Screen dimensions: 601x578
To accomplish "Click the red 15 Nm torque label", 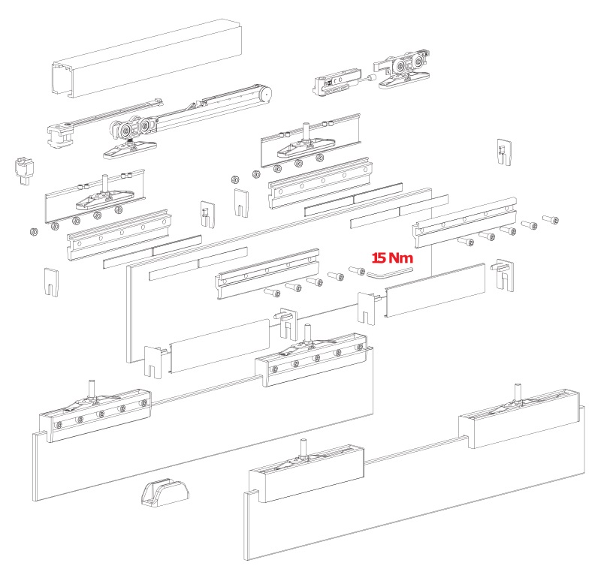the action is pyautogui.click(x=392, y=257).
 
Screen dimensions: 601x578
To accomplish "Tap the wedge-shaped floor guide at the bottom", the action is pyautogui.click(x=165, y=492).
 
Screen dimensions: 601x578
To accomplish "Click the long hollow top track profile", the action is pyautogui.click(x=146, y=58).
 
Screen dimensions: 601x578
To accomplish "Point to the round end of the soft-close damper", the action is pyautogui.click(x=265, y=94).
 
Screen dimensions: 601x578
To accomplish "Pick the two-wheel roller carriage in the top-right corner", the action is pyautogui.click(x=403, y=69).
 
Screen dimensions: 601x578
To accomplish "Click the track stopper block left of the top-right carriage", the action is pyautogui.click(x=337, y=83).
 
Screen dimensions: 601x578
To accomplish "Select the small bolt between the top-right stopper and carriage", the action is pyautogui.click(x=370, y=79).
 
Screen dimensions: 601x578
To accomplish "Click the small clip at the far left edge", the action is pyautogui.click(x=24, y=169).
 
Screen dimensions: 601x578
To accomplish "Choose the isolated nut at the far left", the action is pyautogui.click(x=34, y=231).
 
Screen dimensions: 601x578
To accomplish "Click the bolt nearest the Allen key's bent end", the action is pyautogui.click(x=357, y=270).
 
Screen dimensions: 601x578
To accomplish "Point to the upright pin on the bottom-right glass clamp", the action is pyautogui.click(x=518, y=392).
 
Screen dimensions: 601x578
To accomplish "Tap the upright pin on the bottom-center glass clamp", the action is pyautogui.click(x=304, y=447).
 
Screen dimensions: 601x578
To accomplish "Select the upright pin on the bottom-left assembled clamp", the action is pyautogui.click(x=92, y=388).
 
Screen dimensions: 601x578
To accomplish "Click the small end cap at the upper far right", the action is pyautogui.click(x=504, y=152).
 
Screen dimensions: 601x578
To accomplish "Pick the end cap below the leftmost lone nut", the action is pyautogui.click(x=51, y=282).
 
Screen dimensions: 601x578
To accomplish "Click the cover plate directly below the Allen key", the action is pyautogui.click(x=435, y=291).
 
